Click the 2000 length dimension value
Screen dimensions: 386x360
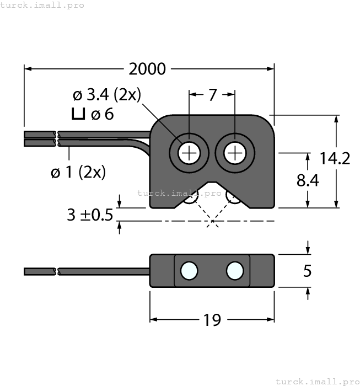click(147, 69)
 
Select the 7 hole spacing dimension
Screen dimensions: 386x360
click(212, 95)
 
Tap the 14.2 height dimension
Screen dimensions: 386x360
click(335, 159)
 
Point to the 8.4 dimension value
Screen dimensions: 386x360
click(307, 180)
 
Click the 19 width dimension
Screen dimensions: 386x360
click(212, 320)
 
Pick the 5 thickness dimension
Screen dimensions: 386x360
click(308, 271)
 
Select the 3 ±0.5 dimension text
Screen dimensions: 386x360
click(89, 215)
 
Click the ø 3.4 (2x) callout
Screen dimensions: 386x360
click(106, 95)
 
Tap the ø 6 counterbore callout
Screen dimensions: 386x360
click(102, 115)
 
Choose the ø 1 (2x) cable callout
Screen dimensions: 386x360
click(78, 172)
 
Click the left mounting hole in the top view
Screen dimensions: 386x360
click(189, 153)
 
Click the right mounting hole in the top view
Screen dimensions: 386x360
click(235, 153)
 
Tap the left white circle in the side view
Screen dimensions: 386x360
click(189, 270)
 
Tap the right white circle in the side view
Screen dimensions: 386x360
click(235, 270)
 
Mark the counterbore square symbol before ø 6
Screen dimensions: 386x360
click(79, 115)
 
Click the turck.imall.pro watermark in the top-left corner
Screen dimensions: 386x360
click(42, 5)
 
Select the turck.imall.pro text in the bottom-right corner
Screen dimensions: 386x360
click(316, 381)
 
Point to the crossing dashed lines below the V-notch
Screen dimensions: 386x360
click(212, 222)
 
